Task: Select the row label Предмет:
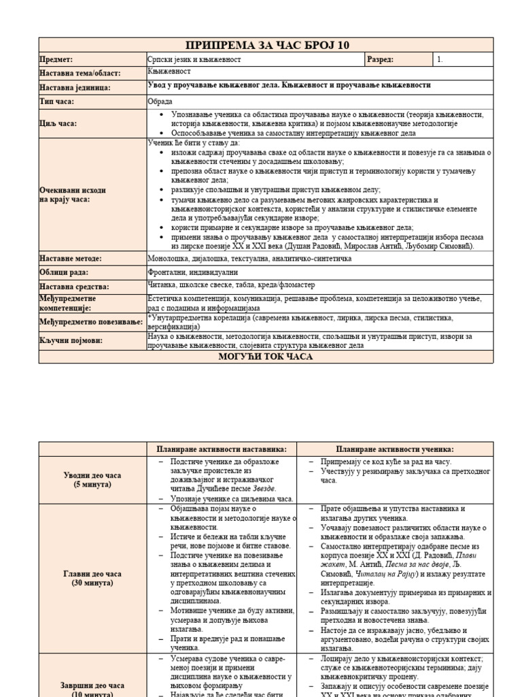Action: click(56, 60)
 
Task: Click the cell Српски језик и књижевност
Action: click(194, 60)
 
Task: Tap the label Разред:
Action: click(381, 60)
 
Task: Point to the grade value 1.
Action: click(440, 60)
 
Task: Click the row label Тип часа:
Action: click(57, 101)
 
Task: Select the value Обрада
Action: click(160, 101)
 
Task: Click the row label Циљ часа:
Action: click(58, 124)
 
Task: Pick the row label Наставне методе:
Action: click(71, 259)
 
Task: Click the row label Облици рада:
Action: click(63, 272)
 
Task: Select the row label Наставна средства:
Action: click(75, 287)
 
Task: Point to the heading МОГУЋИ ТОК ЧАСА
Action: click(266, 357)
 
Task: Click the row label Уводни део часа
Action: click(93, 475)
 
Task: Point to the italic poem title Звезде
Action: click(265, 489)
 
